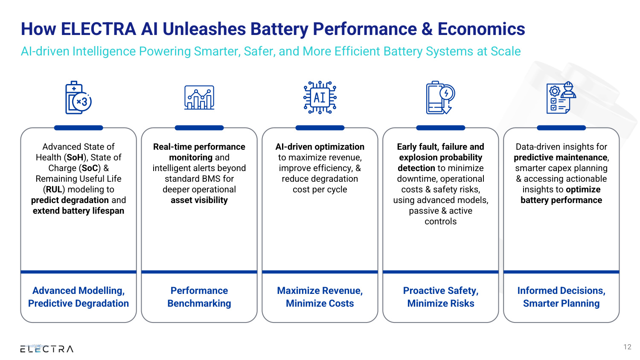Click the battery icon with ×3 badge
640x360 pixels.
[78, 98]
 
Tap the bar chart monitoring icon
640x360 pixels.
[199, 97]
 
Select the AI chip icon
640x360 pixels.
[320, 97]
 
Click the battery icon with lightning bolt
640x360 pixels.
[440, 97]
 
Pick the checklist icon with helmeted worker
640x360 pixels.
[561, 97]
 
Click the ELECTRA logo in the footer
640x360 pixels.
[47, 348]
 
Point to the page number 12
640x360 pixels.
[627, 347]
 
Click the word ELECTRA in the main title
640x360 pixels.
[98, 29]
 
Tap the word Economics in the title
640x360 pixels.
[481, 29]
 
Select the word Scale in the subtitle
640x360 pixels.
[506, 52]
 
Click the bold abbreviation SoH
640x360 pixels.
[75, 157]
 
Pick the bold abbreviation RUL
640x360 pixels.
[54, 189]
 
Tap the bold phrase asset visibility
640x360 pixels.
[199, 200]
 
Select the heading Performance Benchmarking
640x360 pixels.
[199, 297]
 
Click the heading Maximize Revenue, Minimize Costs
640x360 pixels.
[320, 297]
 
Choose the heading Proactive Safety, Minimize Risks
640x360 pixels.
[441, 297]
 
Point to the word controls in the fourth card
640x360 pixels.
[441, 221]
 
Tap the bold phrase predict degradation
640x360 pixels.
[70, 200]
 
